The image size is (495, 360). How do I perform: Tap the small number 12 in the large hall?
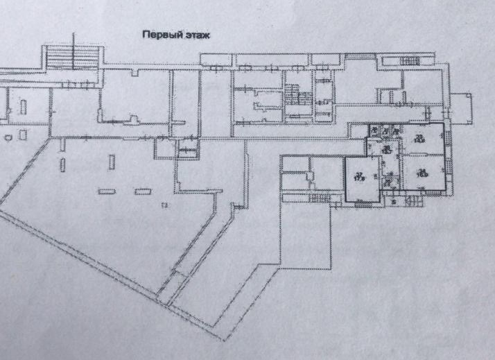click(x=165, y=207)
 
